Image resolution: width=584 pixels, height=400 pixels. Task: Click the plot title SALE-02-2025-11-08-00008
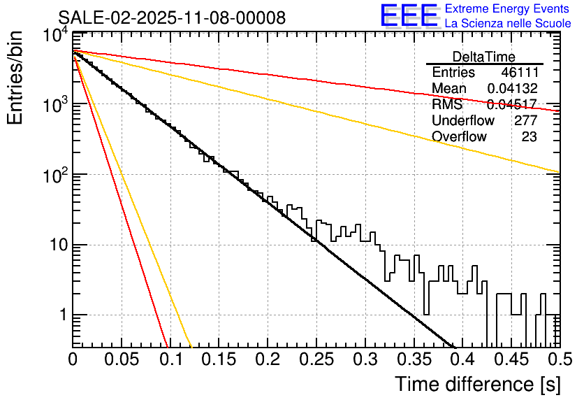172,17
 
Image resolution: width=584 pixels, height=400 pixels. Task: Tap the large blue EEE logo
409,16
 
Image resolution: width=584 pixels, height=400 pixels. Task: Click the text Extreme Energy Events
508,9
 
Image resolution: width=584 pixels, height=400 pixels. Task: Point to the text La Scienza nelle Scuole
508,23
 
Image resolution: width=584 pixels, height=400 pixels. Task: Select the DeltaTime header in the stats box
484,57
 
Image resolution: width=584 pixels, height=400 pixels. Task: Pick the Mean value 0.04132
512,89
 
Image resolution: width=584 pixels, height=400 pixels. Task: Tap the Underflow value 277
525,121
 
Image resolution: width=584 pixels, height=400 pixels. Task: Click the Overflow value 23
529,137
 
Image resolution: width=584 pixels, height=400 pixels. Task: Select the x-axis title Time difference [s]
476,384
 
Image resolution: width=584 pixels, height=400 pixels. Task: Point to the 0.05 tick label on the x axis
122,359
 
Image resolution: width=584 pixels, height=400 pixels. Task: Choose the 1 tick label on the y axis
61,315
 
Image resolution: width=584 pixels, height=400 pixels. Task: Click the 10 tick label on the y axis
57,245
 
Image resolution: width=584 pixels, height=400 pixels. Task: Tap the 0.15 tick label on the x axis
219,359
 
